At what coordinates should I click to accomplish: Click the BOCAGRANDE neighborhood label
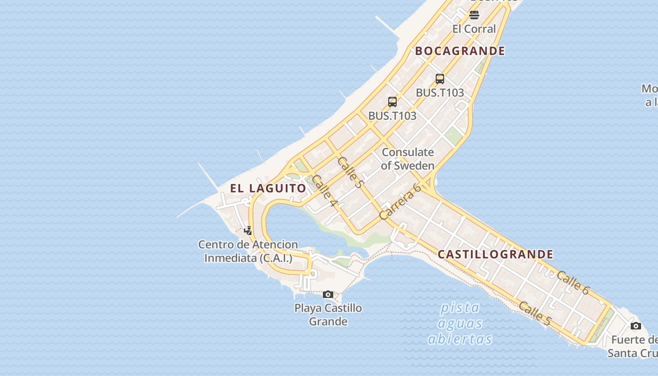460,51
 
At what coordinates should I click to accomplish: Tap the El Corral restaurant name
474,29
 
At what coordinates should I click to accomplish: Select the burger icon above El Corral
474,15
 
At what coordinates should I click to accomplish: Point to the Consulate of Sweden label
407,159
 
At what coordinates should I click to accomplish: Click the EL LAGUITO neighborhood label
268,188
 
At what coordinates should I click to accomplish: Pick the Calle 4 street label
325,190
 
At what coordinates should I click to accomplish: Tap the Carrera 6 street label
400,202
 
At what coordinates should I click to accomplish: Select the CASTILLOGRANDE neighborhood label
495,254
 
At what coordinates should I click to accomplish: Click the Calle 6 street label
572,282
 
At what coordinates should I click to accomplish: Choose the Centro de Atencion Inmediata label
248,251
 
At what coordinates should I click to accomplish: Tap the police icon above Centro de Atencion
248,230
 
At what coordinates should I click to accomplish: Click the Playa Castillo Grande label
328,314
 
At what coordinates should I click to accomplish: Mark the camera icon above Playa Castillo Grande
328,295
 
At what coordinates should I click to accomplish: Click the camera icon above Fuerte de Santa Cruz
635,326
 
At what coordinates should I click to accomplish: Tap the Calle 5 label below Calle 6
534,313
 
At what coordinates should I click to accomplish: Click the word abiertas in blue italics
460,339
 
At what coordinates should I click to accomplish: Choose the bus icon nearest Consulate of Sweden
392,102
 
